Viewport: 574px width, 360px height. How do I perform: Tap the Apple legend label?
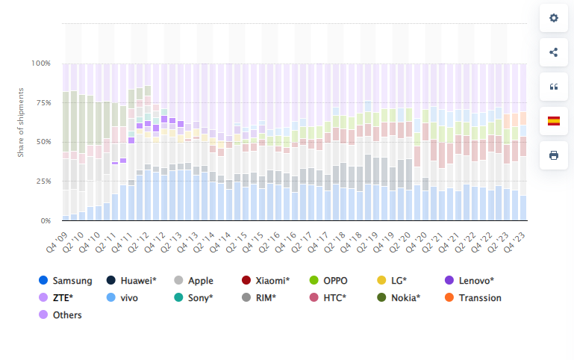[x=201, y=281]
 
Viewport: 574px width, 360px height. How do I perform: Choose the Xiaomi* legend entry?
[x=272, y=281]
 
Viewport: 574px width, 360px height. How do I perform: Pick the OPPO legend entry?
[x=335, y=281]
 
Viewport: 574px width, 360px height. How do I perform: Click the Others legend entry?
[x=67, y=314]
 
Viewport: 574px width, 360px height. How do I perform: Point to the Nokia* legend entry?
[x=405, y=297]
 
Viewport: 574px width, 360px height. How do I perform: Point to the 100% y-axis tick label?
[x=41, y=63]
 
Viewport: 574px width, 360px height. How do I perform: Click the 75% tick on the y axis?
[x=43, y=102]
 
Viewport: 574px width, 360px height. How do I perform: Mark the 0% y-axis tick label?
[x=46, y=221]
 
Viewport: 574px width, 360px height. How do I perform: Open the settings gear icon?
[x=554, y=18]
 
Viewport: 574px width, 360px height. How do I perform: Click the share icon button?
[x=554, y=52]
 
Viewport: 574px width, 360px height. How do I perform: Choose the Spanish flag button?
[x=554, y=121]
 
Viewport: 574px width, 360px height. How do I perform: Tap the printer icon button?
[x=554, y=155]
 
